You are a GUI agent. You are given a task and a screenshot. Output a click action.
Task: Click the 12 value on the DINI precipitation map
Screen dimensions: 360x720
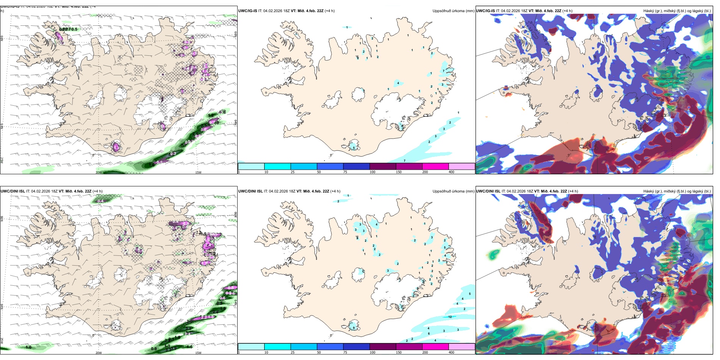tap(450, 317)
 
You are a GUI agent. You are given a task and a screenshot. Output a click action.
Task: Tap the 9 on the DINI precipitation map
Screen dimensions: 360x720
tap(354, 328)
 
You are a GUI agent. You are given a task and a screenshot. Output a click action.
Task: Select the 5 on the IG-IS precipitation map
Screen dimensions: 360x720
tap(354, 147)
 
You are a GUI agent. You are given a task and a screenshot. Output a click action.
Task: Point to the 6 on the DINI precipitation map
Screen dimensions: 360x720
tap(429, 333)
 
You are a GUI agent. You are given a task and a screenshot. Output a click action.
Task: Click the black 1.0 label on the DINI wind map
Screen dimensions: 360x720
tap(28, 347)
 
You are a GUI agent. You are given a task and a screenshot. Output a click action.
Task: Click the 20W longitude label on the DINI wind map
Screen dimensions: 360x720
tap(99, 353)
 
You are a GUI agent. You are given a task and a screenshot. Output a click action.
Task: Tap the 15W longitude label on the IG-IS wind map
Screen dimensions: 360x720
tap(198, 172)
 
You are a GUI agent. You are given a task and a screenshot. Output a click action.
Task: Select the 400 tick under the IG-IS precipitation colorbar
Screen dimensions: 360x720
tap(451, 172)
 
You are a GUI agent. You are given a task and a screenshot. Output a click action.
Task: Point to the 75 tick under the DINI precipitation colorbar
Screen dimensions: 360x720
tap(345, 352)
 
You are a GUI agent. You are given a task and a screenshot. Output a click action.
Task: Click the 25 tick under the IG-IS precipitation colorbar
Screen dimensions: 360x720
tap(293, 172)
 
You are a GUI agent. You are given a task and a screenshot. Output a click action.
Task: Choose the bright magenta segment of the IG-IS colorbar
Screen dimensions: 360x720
tap(435, 166)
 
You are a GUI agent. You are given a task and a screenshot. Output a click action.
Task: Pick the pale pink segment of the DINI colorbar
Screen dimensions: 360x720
tap(462, 347)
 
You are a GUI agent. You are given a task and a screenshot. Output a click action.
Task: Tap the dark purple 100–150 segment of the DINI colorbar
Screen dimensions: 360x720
tap(383, 347)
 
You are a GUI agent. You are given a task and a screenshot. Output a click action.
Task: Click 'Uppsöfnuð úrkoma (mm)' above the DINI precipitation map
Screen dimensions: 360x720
tap(453, 191)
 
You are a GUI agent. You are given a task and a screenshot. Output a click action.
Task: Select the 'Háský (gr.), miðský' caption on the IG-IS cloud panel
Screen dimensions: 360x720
tap(659, 11)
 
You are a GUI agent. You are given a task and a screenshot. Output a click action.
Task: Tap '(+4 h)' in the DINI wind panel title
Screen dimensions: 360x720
tap(97, 191)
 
